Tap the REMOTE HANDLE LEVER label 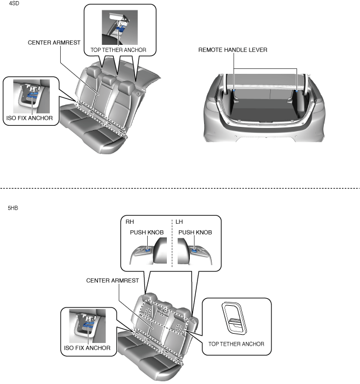tap(233, 49)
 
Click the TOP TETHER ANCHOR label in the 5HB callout tap(236, 344)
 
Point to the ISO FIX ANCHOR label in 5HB tap(87, 348)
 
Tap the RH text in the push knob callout tap(129, 222)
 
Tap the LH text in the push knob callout tap(178, 222)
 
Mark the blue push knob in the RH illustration tap(148, 249)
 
